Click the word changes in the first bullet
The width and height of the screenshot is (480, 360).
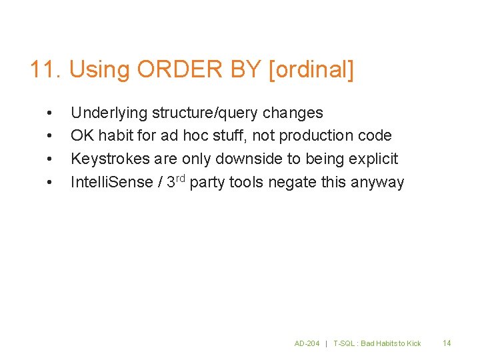click(x=297, y=113)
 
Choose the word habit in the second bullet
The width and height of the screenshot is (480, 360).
click(x=116, y=135)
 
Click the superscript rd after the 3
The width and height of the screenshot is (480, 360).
click(x=180, y=178)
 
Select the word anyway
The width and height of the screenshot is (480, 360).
click(x=382, y=182)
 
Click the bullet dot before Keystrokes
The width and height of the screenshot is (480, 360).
click(x=49, y=159)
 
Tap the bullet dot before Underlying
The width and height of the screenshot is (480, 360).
click(x=49, y=113)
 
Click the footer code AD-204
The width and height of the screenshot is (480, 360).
click(x=307, y=343)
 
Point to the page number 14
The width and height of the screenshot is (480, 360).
click(x=447, y=343)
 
